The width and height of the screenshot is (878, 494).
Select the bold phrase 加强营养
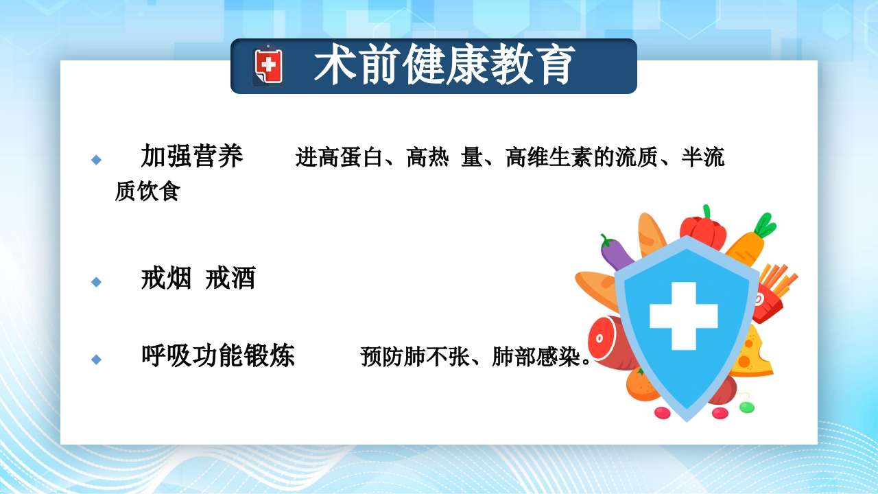point(192,156)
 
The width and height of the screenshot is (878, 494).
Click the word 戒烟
point(166,279)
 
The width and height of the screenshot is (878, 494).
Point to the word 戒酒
point(230,279)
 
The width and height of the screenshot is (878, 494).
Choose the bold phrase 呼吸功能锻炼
point(217,355)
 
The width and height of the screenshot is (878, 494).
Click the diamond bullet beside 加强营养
point(96,160)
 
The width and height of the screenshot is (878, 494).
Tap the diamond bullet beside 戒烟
point(96,282)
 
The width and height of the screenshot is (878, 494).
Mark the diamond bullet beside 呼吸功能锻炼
point(96,359)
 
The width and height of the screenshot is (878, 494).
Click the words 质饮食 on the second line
point(147,192)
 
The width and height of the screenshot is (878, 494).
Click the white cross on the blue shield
point(683,316)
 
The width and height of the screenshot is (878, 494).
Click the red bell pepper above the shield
point(702,229)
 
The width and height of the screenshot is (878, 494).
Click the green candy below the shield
point(746,407)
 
